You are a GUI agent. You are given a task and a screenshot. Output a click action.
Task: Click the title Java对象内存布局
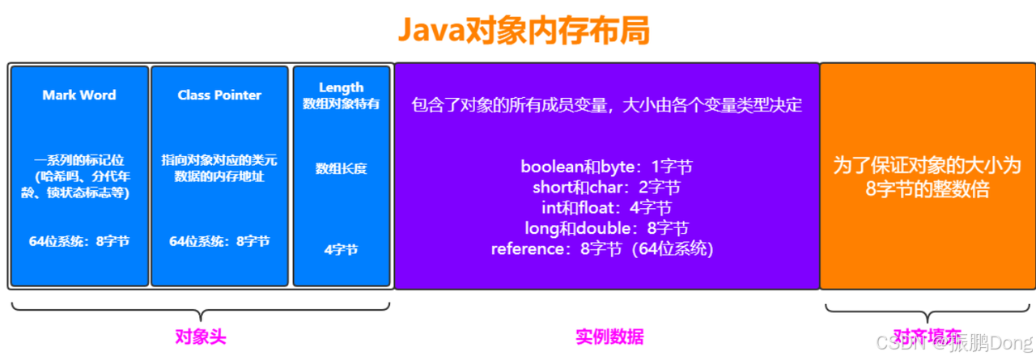coord(522,31)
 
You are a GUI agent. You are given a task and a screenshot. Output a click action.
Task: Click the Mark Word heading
coord(79,95)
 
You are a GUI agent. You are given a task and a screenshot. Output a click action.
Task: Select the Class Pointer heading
coord(219,95)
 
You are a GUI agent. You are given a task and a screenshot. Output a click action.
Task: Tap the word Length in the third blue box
coord(341,87)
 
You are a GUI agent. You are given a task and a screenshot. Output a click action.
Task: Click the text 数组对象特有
coord(341,104)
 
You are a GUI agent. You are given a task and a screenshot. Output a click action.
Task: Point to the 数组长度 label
coord(341,168)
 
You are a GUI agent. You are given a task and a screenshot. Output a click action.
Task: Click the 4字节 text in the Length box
coord(341,249)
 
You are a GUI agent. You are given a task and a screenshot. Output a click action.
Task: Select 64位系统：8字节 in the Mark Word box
coord(79,241)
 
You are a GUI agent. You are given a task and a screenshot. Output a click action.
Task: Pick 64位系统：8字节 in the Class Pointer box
coord(219,241)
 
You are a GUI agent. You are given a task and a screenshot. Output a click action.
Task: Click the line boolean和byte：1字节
coord(606,168)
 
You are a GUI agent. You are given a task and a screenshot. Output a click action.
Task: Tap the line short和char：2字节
coord(606,188)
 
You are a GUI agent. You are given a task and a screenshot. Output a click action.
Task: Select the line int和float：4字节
coord(606,208)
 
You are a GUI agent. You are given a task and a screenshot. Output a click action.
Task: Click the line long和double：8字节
coord(606,228)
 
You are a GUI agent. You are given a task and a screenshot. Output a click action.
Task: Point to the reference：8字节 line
coord(602,248)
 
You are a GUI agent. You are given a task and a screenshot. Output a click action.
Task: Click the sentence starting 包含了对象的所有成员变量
coord(606,105)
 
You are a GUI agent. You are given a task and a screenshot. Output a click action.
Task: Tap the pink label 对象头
coord(200,337)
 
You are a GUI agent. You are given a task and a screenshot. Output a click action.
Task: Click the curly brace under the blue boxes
coord(200,311)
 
